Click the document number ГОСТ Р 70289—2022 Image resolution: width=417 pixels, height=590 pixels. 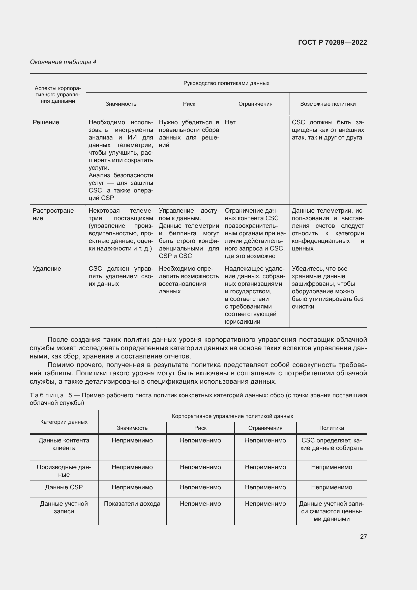[332, 42]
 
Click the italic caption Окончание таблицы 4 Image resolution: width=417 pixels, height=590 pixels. [63, 62]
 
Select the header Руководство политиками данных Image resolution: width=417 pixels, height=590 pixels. [226, 83]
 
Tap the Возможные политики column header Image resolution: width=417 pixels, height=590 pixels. [328, 104]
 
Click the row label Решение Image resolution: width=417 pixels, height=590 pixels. [46, 122]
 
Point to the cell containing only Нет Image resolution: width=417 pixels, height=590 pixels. [230, 122]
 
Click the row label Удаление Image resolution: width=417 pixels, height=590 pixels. [47, 269]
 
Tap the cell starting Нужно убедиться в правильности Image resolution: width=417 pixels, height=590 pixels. [189, 133]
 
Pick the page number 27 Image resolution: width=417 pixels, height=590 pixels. [363, 537]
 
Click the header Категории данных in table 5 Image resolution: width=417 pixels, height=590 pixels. [64, 422]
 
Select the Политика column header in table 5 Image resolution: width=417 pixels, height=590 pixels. [331, 428]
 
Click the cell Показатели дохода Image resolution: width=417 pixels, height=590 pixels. [132, 504]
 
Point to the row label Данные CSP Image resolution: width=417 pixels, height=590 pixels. [64, 487]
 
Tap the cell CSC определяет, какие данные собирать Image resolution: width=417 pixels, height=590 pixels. [331, 444]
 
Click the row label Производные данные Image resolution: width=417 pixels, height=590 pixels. [64, 471]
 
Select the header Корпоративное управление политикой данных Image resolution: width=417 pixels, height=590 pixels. [232, 416]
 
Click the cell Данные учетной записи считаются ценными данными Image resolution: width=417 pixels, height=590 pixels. [331, 511]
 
